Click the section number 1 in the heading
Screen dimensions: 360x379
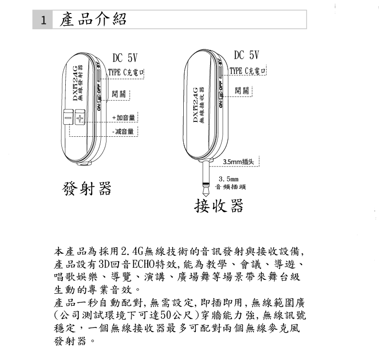click(44, 21)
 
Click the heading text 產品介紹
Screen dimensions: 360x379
click(94, 20)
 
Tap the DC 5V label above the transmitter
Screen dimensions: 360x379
click(125, 59)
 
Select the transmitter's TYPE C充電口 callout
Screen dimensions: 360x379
click(126, 72)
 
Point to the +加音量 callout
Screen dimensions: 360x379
click(124, 117)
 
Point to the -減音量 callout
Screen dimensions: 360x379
click(124, 131)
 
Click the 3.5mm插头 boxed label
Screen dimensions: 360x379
click(241, 161)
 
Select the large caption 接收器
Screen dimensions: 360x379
click(218, 206)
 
